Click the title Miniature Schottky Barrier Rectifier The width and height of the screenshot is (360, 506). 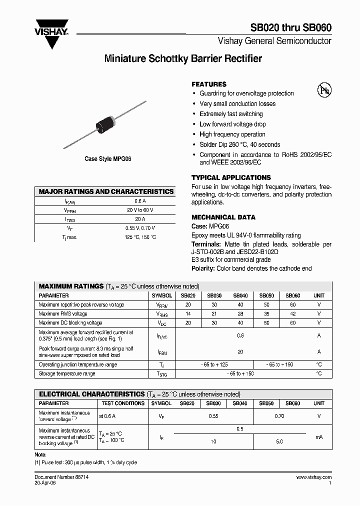click(x=183, y=59)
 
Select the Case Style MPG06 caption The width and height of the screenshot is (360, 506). click(x=107, y=159)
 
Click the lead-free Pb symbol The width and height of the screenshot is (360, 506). click(x=324, y=90)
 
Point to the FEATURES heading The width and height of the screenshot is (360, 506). click(x=209, y=84)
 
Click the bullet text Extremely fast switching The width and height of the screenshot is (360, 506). click(x=230, y=114)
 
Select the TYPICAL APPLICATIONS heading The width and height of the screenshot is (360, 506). click(x=231, y=177)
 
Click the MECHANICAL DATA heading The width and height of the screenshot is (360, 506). click(x=223, y=217)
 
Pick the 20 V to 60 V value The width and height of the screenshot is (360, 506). click(x=140, y=210)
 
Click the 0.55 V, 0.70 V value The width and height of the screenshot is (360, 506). click(x=140, y=228)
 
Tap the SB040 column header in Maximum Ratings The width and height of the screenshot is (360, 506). click(x=240, y=295)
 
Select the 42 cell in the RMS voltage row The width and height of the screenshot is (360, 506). click(x=293, y=314)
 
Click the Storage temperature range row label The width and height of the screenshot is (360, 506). click(x=67, y=374)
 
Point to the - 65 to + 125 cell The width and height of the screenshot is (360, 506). click(x=214, y=365)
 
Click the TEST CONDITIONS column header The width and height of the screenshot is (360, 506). click(x=122, y=403)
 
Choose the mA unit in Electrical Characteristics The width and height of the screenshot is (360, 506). click(x=319, y=437)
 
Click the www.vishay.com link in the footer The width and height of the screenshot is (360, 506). click(x=313, y=478)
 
